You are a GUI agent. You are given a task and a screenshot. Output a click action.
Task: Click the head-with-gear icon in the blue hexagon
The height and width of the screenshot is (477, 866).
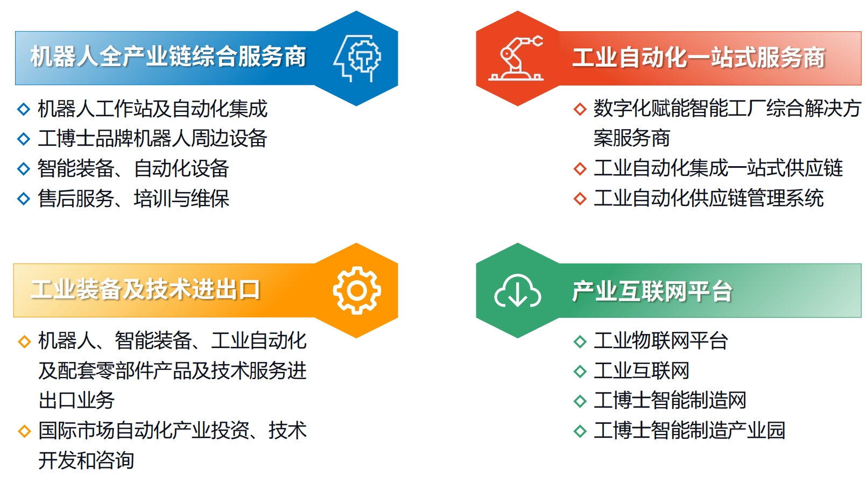357,58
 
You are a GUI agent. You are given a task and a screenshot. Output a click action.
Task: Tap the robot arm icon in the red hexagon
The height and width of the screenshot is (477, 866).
516,58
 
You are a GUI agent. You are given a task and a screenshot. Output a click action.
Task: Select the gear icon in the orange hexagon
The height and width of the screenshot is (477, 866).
357,290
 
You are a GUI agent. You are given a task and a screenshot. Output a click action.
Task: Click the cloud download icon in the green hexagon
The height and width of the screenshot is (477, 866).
517,291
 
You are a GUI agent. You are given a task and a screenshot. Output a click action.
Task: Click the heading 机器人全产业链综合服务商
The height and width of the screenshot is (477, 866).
168,57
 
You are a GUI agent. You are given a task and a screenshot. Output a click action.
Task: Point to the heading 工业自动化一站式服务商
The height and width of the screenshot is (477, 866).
699,58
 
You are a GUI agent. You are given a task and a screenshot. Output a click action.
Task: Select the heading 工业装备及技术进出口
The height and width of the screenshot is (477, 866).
145,290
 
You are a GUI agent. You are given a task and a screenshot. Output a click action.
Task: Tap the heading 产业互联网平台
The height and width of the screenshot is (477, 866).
652,291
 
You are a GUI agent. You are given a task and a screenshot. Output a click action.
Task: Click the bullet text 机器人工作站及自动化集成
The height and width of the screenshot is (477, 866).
152,109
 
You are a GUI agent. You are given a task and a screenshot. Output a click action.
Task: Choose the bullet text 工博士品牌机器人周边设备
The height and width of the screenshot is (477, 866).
152,138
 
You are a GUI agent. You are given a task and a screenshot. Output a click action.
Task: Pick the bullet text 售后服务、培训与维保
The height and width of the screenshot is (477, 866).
133,198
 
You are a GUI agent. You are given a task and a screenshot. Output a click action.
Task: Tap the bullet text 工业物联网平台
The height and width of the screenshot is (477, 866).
661,341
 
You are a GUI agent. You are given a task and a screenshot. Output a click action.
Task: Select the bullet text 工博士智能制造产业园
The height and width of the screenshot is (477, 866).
689,430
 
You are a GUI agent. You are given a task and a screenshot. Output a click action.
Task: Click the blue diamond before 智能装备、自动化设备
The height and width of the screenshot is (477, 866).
24,169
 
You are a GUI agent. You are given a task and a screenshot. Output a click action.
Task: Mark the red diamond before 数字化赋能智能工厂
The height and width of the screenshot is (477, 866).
580,109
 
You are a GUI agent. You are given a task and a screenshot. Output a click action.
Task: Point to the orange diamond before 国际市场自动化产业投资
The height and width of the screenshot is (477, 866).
24,431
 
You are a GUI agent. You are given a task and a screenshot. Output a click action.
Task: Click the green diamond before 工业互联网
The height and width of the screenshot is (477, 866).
580,372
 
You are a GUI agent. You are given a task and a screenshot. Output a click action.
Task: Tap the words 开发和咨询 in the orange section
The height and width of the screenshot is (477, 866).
86,460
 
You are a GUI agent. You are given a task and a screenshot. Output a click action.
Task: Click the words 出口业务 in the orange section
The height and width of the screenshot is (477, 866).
76,401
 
